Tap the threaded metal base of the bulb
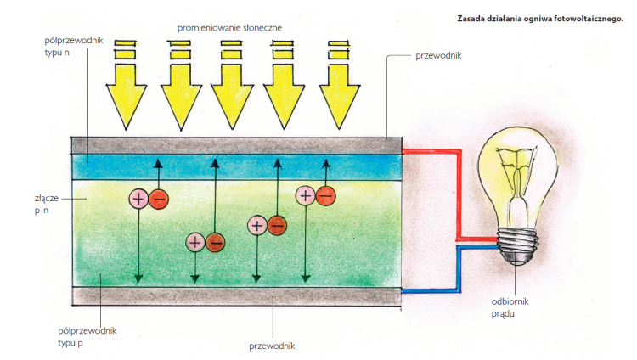point(515,246)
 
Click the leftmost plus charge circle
point(138,199)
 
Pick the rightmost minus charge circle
point(324,195)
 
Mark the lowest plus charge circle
point(194,242)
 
